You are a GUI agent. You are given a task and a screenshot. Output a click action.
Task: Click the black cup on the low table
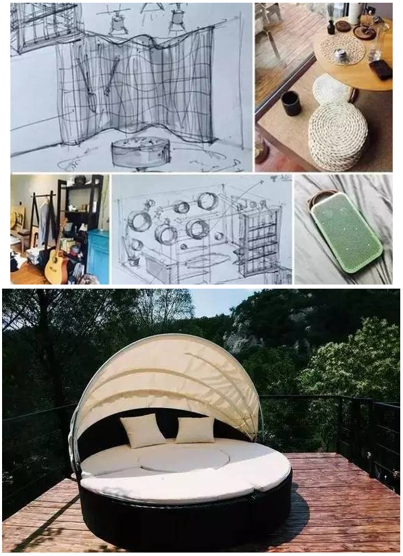click(291, 102)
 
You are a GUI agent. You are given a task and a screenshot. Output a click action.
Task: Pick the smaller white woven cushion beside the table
click(333, 88)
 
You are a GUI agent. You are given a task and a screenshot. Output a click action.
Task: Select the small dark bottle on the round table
click(331, 27)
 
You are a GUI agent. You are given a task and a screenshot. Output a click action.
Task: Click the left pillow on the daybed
click(143, 430)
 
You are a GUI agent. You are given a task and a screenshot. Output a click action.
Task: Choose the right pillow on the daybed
click(195, 429)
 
